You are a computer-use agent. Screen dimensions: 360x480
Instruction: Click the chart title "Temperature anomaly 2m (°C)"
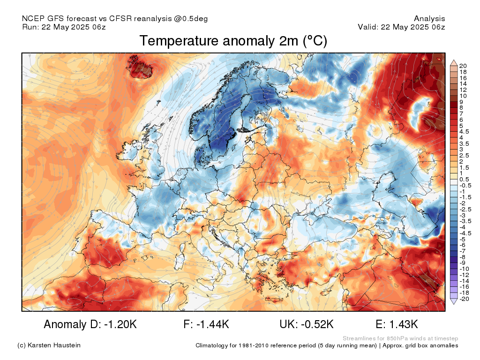pyautogui.click(x=233, y=41)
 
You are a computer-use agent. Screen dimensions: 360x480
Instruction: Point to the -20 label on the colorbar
pyautogui.click(x=464, y=299)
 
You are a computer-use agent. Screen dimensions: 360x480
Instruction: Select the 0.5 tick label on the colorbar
pyautogui.click(x=464, y=180)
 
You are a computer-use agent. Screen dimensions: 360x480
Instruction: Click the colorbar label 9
pyautogui.click(x=462, y=102)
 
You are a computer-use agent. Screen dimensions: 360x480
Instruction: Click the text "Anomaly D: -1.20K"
pyautogui.click(x=90, y=324)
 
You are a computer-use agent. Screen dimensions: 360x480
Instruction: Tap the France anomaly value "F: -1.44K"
pyautogui.click(x=207, y=324)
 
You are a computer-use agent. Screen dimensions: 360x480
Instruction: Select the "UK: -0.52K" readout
pyautogui.click(x=306, y=324)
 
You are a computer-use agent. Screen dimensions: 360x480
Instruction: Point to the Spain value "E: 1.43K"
pyautogui.click(x=397, y=324)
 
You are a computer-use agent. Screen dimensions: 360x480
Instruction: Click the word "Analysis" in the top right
pyautogui.click(x=429, y=19)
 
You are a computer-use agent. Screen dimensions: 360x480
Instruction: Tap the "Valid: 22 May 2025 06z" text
pyautogui.click(x=401, y=27)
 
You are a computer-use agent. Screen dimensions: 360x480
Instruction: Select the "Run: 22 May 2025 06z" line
pyautogui.click(x=64, y=27)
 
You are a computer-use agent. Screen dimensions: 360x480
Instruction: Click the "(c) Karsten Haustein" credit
pyautogui.click(x=49, y=345)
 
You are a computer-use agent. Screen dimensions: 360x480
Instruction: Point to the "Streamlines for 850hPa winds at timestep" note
pyautogui.click(x=400, y=338)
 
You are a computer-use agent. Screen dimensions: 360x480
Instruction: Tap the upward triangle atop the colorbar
pyautogui.click(x=453, y=62)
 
